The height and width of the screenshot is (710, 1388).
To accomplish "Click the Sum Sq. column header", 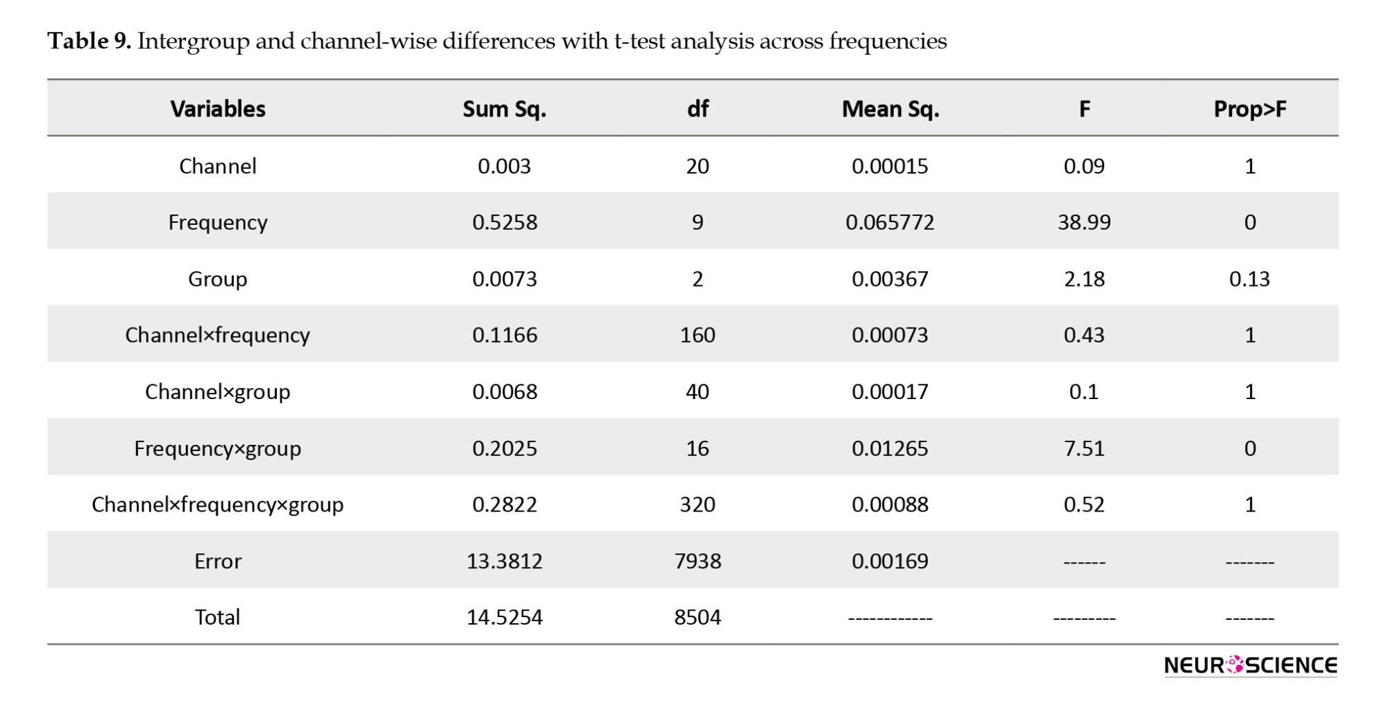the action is tap(505, 109).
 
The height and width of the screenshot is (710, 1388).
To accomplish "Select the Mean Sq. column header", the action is tap(890, 109).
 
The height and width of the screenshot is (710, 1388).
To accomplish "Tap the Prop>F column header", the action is tap(1250, 109).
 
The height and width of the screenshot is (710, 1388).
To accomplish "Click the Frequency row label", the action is tap(218, 223).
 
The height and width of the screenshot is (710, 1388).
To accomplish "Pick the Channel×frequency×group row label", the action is tap(218, 505).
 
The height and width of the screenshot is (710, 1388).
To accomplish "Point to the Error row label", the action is tap(218, 561).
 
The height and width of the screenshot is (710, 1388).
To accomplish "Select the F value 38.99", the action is tap(1084, 222).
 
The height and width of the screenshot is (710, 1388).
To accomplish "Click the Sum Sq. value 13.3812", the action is tap(505, 561).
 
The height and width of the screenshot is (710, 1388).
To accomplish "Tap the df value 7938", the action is tap(697, 561).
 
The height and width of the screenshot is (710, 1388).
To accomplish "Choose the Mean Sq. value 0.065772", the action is tap(890, 222).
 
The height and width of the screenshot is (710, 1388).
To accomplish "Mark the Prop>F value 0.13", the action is tap(1250, 279).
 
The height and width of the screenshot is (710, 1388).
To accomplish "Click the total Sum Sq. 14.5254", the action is tap(505, 617).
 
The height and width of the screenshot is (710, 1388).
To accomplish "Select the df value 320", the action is tap(697, 505).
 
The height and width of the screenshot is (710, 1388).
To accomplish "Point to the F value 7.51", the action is tap(1084, 448).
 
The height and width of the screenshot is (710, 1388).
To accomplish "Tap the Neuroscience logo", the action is tap(1251, 665).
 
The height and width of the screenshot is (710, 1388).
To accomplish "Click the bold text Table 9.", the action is tap(90, 41).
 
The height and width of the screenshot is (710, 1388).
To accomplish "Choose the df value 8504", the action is tap(697, 617).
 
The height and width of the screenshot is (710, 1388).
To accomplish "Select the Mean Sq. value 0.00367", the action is tap(890, 279).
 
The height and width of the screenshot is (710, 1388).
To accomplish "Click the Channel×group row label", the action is tap(218, 392).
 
